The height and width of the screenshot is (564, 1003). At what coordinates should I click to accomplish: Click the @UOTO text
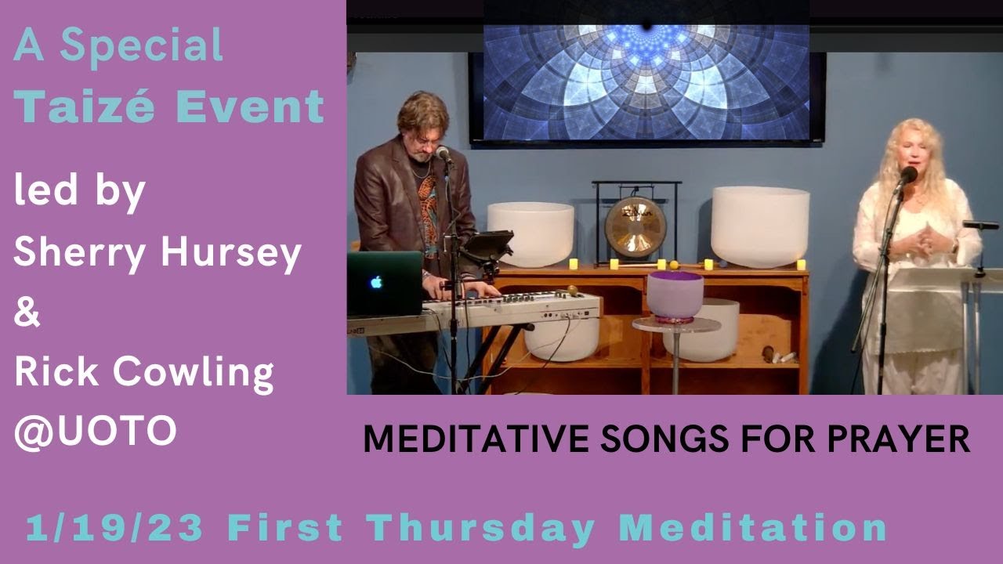[95, 432]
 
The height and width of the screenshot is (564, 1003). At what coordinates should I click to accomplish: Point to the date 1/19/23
[114, 528]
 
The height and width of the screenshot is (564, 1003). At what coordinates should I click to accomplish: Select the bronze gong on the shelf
[635, 227]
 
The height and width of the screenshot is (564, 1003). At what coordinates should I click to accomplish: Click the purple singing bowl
[674, 295]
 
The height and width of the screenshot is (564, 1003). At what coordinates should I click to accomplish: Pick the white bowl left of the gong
[530, 233]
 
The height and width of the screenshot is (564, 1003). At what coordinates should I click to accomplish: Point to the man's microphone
[443, 154]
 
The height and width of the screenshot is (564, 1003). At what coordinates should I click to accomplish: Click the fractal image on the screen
[646, 82]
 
